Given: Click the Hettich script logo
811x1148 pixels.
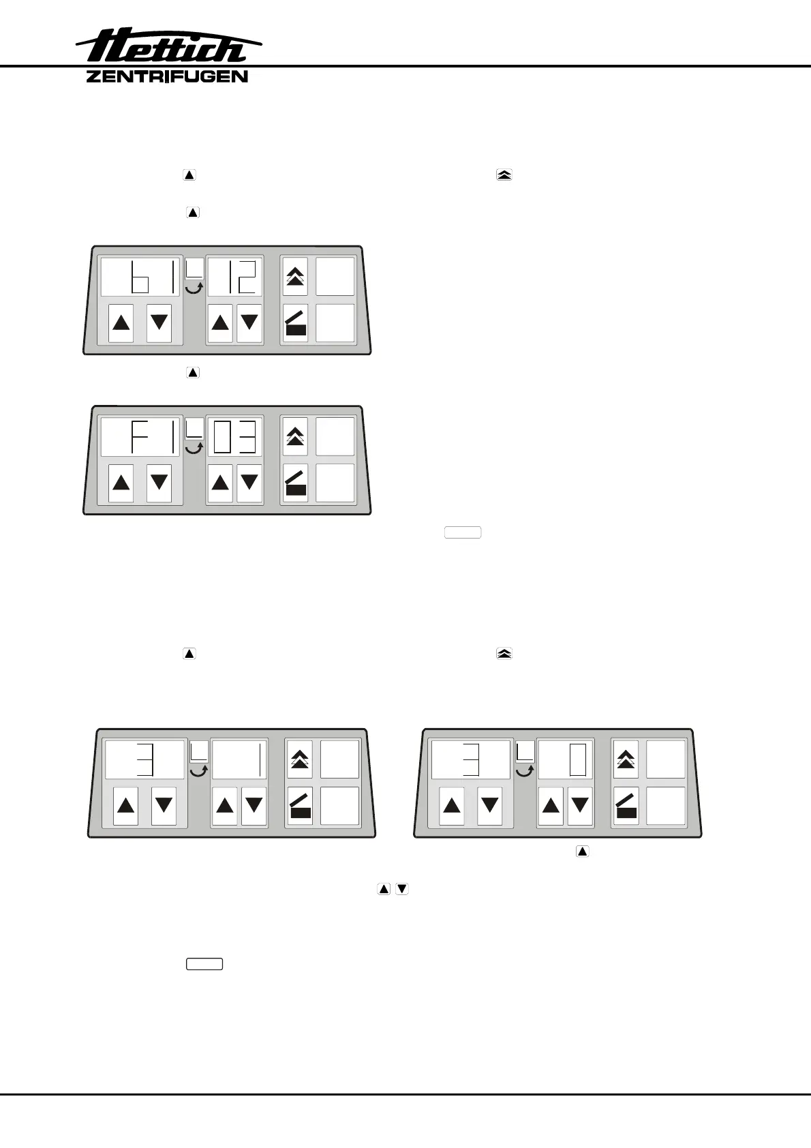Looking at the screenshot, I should click(168, 47).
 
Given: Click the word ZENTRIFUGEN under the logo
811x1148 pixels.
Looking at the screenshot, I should click(167, 76).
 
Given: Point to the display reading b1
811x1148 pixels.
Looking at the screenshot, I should click(140, 277).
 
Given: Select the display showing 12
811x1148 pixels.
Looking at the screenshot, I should click(234, 277).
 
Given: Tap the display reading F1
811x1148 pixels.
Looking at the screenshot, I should click(140, 436).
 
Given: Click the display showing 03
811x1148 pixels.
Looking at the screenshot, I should click(234, 436).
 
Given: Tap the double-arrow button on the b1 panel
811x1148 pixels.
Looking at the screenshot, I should click(295, 276).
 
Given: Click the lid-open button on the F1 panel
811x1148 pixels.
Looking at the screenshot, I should click(295, 482).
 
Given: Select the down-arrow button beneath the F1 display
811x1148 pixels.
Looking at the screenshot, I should click(159, 483).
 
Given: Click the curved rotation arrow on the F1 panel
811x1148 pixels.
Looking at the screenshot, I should click(195, 447).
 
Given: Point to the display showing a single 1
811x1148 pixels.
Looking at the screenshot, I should click(239, 759).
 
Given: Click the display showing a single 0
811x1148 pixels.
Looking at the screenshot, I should click(566, 759).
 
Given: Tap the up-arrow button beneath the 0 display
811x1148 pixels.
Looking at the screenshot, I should click(551, 805).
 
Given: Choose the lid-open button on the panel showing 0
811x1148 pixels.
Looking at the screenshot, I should click(626, 805).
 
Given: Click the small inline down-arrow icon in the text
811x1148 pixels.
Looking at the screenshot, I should click(402, 889).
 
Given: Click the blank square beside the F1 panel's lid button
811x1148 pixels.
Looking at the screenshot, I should click(335, 482).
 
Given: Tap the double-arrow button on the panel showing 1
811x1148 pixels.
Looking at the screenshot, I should click(299, 759).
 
